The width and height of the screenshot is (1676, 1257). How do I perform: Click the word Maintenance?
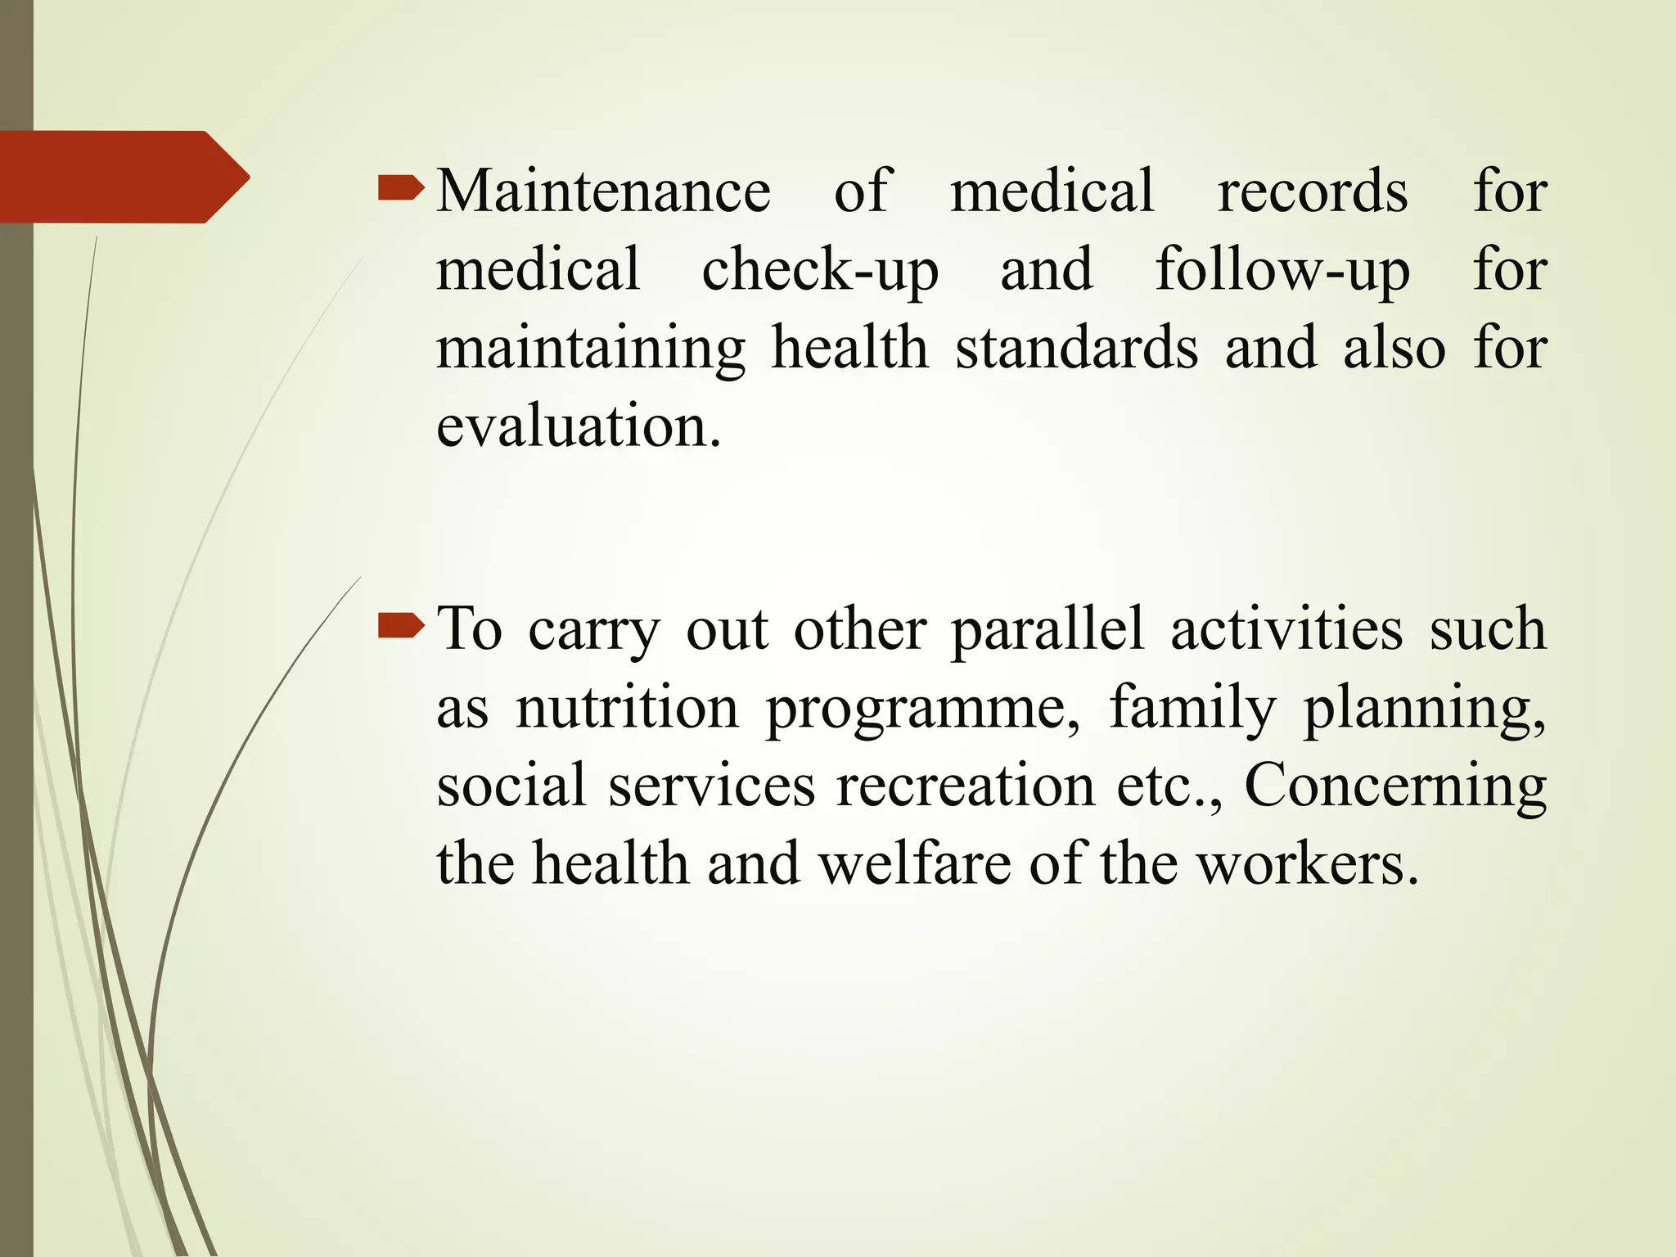pos(603,191)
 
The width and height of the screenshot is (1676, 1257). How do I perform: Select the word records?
pos(1312,191)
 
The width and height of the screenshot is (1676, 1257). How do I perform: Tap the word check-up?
pos(819,270)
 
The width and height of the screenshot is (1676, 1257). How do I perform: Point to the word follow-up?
pos(1282,270)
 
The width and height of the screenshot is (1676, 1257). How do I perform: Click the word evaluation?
pos(579,426)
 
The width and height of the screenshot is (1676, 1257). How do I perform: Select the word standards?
pos(1076,348)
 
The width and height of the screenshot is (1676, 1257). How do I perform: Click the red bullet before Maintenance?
pos(401,191)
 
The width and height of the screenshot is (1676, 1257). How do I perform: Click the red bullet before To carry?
pos(401,628)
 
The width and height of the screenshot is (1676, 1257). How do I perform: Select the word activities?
pos(1286,628)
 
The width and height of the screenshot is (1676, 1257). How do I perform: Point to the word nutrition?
pos(627,706)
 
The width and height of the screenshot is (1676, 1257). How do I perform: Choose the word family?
pos(1192,708)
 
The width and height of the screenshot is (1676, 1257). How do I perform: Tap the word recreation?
pos(964,785)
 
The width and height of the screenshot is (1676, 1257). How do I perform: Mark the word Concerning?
pos(1394,786)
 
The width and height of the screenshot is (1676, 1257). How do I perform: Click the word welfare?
pos(914,863)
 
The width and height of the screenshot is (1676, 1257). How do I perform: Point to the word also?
pos(1394,348)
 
